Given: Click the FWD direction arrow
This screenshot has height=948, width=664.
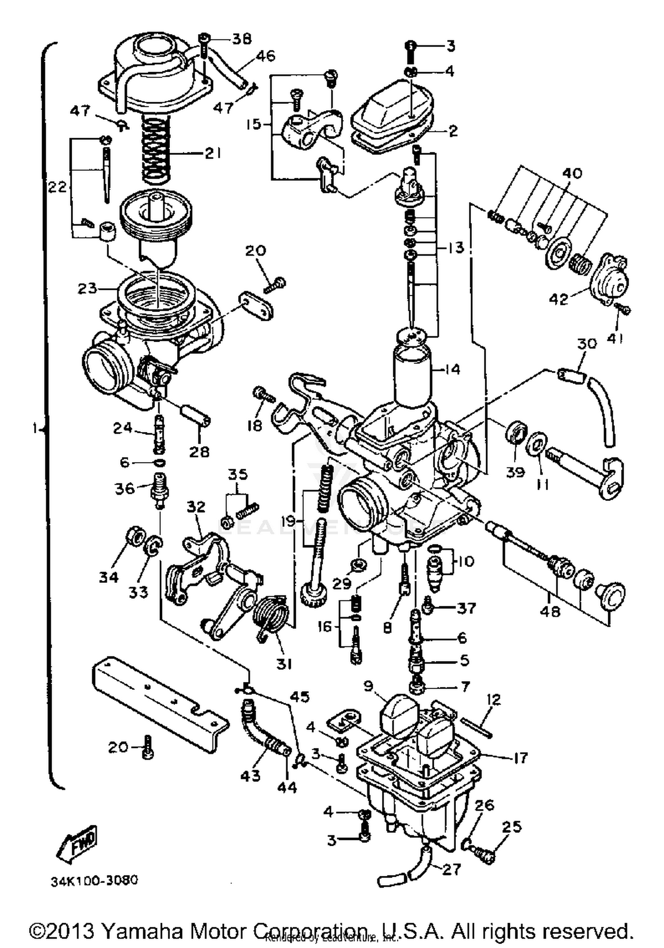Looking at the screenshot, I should point(76,842).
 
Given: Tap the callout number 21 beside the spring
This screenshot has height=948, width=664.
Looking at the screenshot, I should point(212,154).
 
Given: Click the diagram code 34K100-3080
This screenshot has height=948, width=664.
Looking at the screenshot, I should point(94,879).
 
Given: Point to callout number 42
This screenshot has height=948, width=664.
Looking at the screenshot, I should point(558,299).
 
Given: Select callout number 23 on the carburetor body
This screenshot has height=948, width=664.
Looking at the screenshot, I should point(87,289).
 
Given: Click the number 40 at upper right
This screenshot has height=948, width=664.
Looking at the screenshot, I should point(571,173).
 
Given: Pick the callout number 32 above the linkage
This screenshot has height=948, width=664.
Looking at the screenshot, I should point(196,506).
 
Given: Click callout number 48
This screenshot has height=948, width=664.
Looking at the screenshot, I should point(550,611).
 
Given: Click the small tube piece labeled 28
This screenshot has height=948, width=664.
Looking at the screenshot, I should point(195,416).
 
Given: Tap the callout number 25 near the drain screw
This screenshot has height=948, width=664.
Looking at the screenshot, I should point(512,826).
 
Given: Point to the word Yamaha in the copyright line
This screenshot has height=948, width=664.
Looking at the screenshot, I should point(142,931).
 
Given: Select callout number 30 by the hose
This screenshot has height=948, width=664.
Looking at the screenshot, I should point(587,344).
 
